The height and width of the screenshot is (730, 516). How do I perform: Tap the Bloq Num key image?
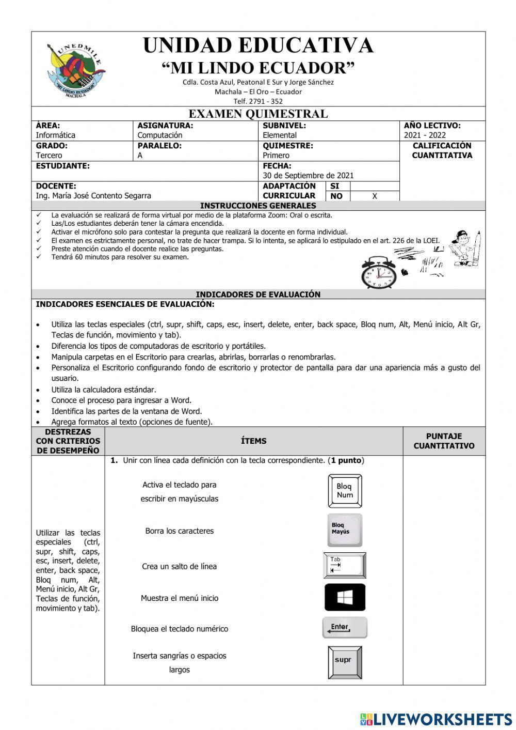tap(345, 491)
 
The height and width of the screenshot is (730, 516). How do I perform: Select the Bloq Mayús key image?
tap(345, 530)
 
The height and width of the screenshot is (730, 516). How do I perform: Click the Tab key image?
tap(345, 565)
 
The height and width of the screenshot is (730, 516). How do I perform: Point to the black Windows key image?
tap(345, 597)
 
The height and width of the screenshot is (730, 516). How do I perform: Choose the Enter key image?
tap(345, 628)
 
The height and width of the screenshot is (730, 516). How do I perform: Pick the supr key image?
tap(345, 662)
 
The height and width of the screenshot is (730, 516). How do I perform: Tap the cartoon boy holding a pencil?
tap(465, 248)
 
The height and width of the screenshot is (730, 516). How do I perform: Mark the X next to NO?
tap(375, 196)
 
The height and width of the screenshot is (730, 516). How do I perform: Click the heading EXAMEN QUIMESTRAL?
tap(258, 114)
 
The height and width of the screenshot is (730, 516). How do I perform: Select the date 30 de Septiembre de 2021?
tap(308, 176)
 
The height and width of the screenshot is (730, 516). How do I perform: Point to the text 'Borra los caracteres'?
tap(179, 531)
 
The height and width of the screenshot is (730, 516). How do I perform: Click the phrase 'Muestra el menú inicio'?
tap(180, 598)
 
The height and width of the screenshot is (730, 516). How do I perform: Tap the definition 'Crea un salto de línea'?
tap(179, 567)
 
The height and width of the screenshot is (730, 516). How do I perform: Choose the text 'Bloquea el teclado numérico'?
tap(179, 629)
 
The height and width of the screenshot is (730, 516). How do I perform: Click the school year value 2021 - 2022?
tap(425, 135)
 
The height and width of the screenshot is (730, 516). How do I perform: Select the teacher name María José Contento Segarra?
tap(93, 196)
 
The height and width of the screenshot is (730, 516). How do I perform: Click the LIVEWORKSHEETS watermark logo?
tap(436, 719)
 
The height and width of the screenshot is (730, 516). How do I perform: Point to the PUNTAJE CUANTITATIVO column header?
tap(444, 441)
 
